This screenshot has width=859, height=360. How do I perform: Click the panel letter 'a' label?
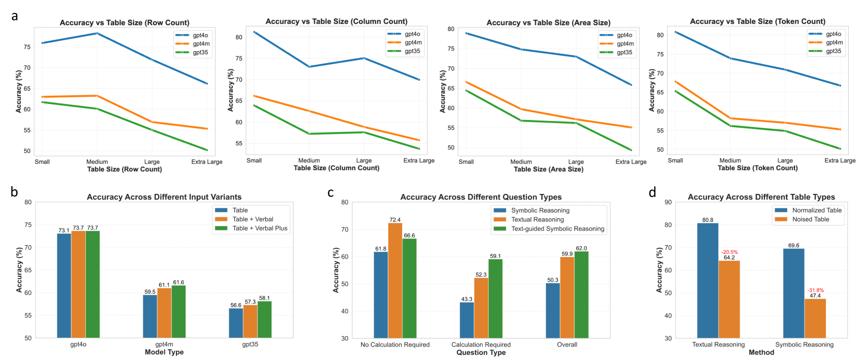pyautogui.click(x=14, y=17)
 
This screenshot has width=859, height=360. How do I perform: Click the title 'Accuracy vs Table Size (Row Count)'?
pyautogui.click(x=124, y=23)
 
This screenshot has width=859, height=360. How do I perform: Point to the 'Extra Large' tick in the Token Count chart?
pyautogui.click(x=839, y=161)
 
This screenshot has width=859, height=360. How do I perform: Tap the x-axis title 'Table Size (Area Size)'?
pyautogui.click(x=548, y=169)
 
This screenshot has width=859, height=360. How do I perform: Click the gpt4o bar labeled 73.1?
pyautogui.click(x=64, y=286)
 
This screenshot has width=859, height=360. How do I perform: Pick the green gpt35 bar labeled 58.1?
pyautogui.click(x=264, y=319)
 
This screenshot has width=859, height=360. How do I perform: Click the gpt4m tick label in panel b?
pyautogui.click(x=164, y=344)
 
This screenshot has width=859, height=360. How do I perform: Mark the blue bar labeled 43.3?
pyautogui.click(x=466, y=320)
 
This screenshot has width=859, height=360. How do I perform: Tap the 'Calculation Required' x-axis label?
pyautogui.click(x=481, y=345)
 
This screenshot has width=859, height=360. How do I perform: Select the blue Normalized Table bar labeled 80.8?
pyautogui.click(x=707, y=280)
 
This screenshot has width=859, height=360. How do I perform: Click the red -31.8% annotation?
pyautogui.click(x=816, y=290)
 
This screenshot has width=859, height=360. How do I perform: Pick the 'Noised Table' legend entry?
pyautogui.click(x=810, y=219)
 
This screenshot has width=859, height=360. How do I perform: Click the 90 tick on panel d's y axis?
pyautogui.click(x=668, y=202)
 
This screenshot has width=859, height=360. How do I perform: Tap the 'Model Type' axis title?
pyautogui.click(x=164, y=352)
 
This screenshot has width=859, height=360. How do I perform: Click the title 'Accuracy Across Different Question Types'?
pyautogui.click(x=481, y=197)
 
